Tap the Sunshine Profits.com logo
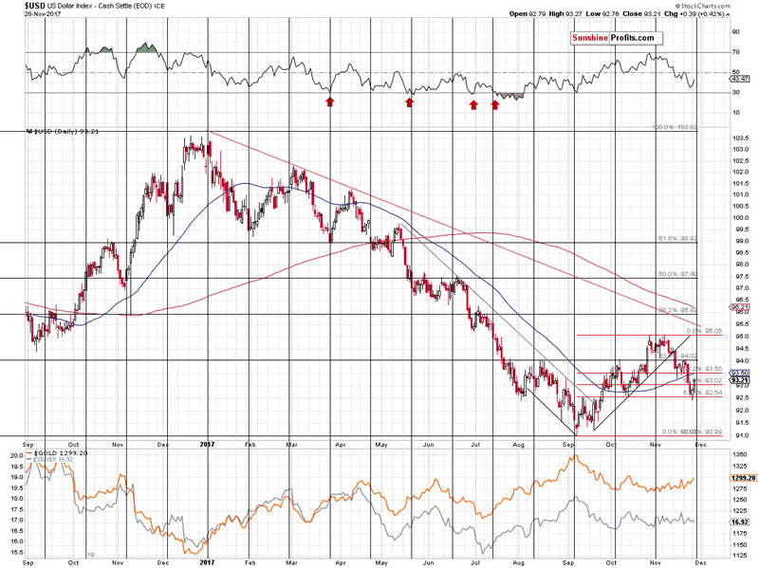pos(612,38)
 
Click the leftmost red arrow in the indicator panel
pos(329,101)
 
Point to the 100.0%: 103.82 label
pos(673,127)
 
